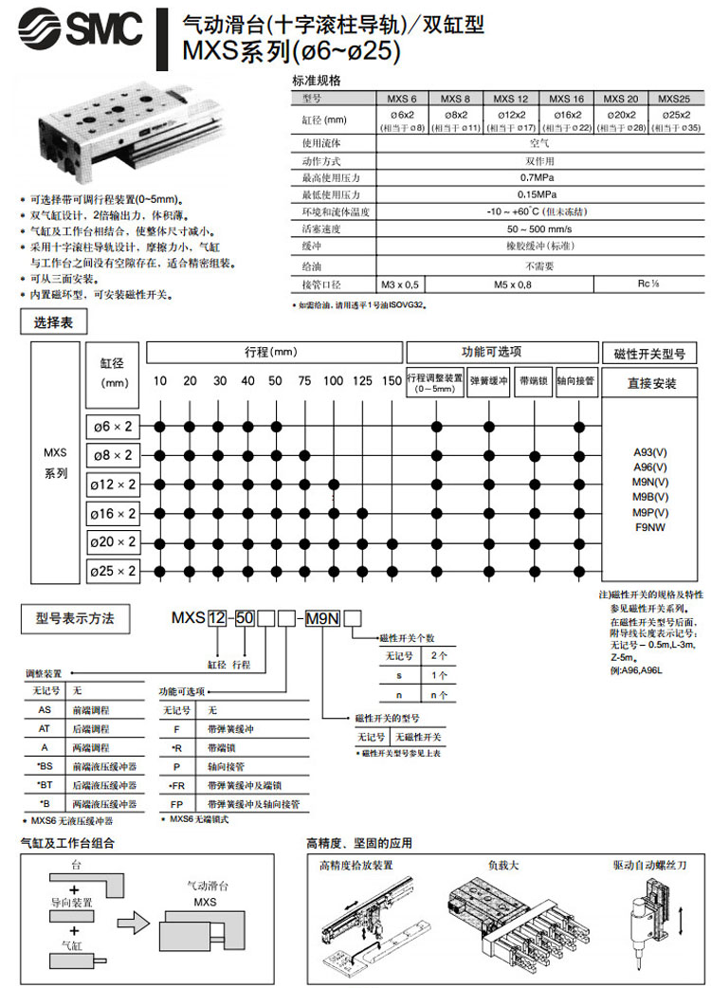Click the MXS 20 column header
[x=621, y=99]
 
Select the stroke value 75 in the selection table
[x=303, y=380]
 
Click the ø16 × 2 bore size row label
[x=113, y=514]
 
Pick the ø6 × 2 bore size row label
[x=113, y=426]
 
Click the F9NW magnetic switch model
[x=650, y=527]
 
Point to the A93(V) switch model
[x=650, y=452]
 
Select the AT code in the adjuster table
[x=44, y=729]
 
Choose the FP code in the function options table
[x=176, y=803]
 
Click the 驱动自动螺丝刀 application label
[x=649, y=866]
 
